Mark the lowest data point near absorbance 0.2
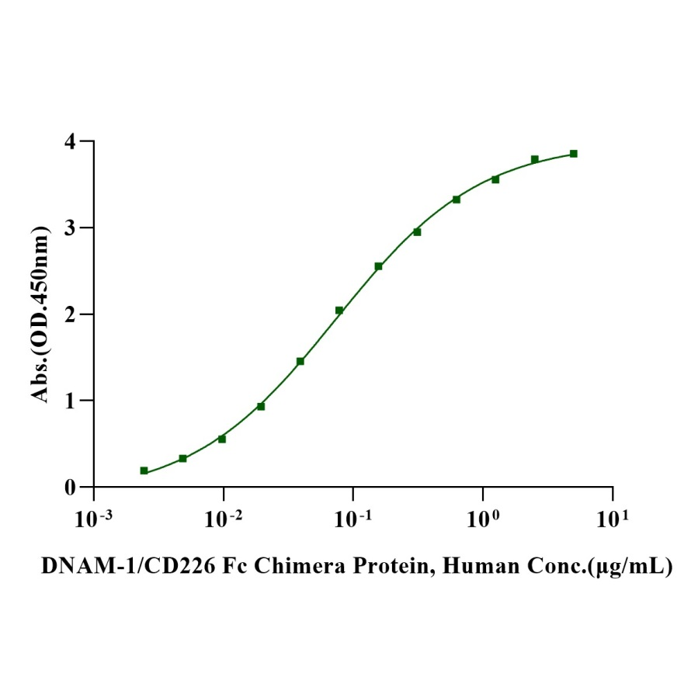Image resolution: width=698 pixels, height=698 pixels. (144, 471)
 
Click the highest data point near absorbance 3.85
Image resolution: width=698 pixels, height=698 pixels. (574, 154)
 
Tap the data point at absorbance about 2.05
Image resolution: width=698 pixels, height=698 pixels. (339, 311)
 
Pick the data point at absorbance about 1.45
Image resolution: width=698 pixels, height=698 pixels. (300, 361)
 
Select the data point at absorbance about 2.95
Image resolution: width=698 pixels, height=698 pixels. (417, 232)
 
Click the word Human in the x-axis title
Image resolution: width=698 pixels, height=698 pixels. (476, 568)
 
